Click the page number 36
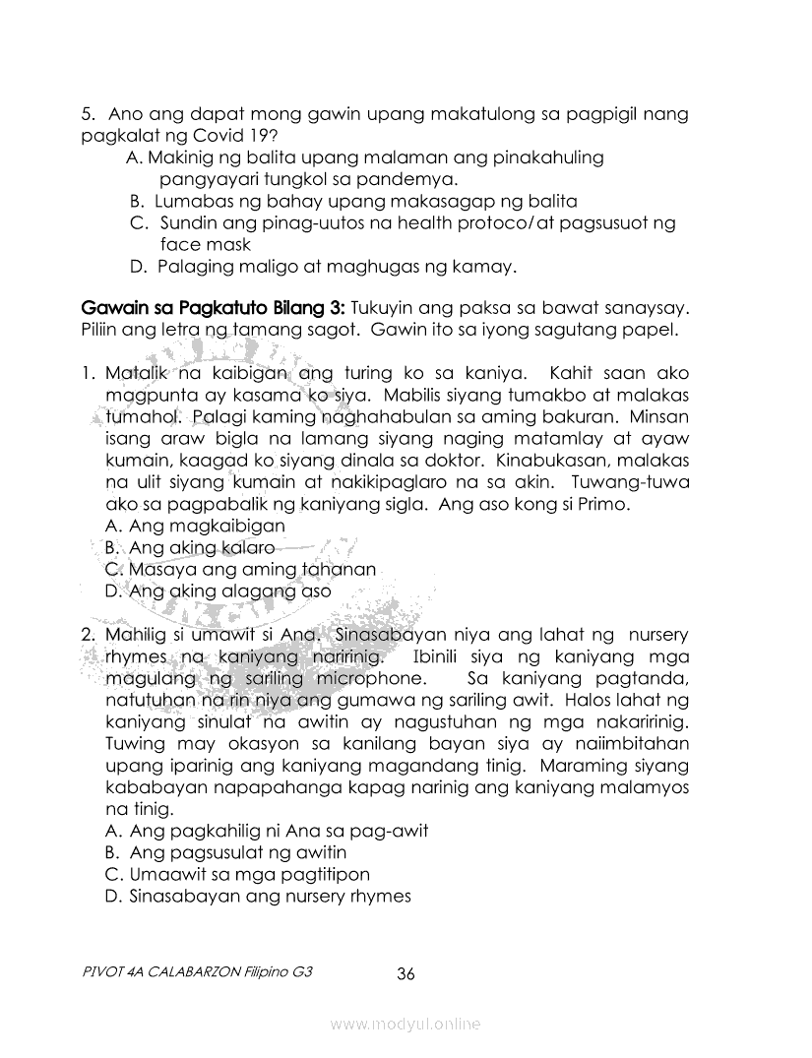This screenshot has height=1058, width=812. coord(406,974)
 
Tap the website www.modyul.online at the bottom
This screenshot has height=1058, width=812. coord(406,1025)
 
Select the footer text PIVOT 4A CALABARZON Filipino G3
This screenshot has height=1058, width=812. coord(199,970)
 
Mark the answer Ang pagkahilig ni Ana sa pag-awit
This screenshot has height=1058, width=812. coord(266,831)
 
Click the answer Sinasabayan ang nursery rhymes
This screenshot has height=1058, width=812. coord(257,896)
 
